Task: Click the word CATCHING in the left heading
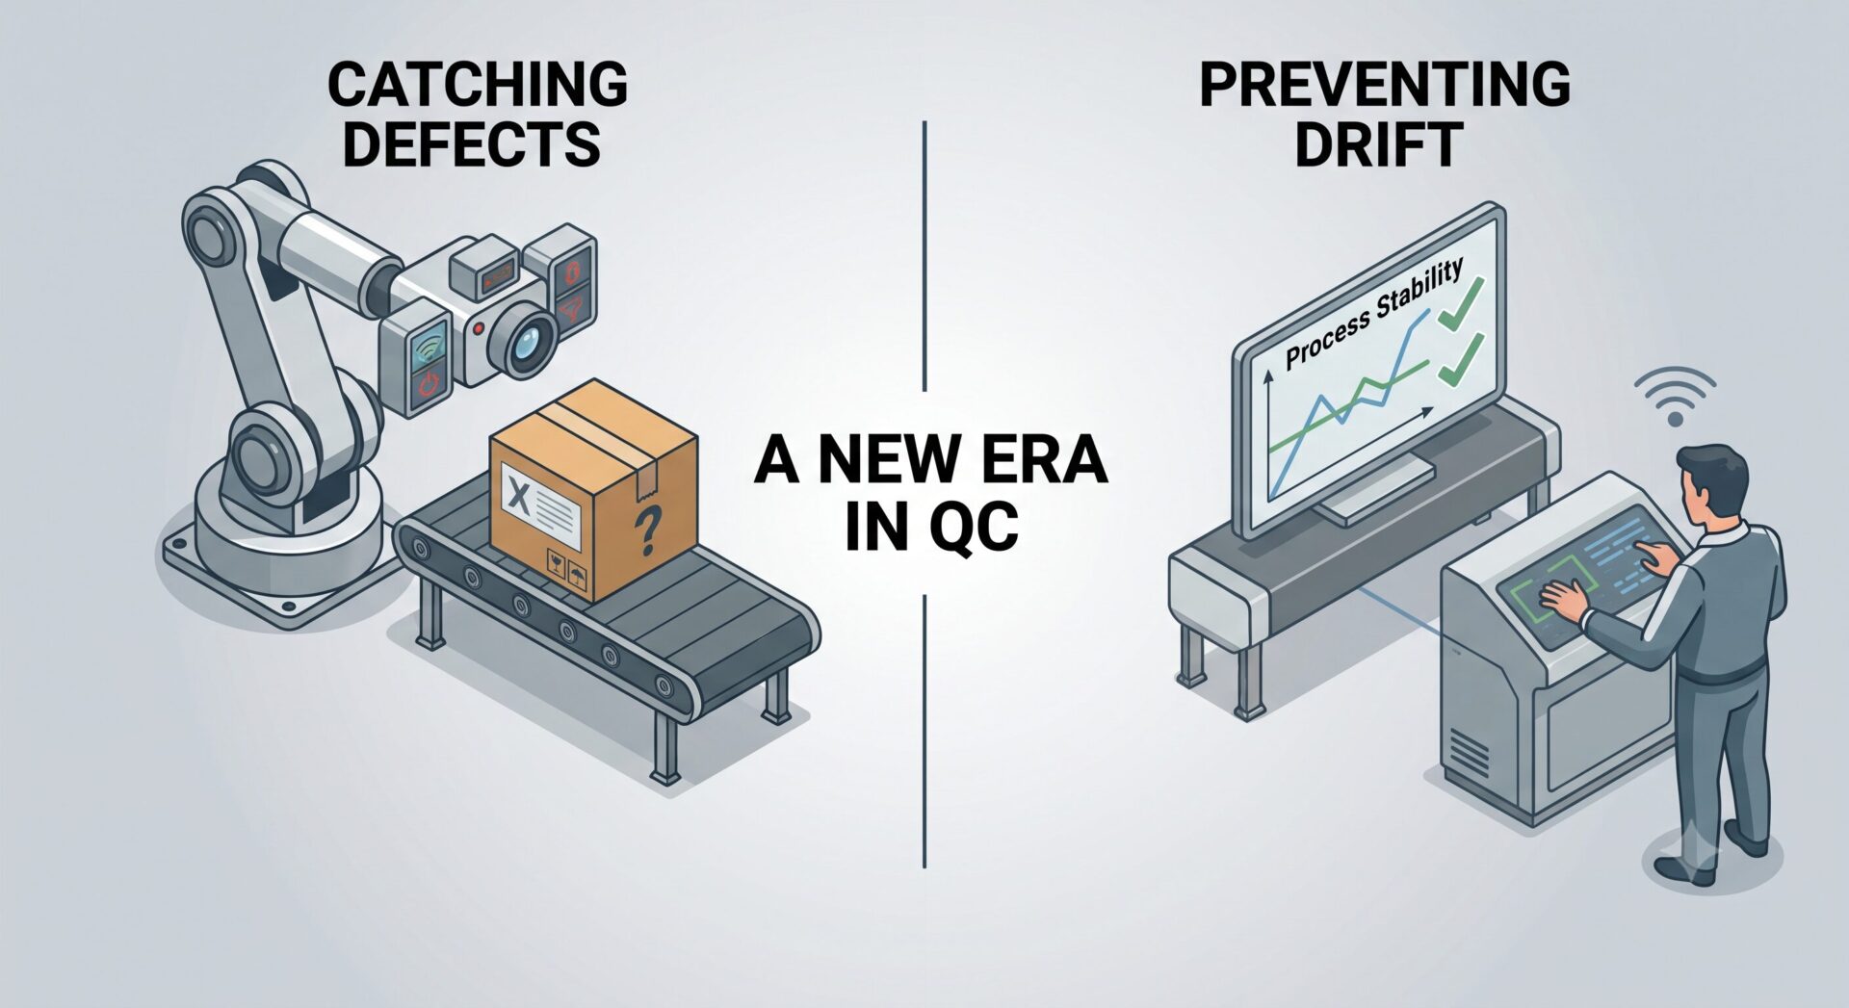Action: (478, 84)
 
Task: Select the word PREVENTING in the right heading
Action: (1385, 84)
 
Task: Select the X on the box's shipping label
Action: (518, 497)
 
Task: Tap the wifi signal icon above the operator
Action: (1675, 396)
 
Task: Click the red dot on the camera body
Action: (478, 328)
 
